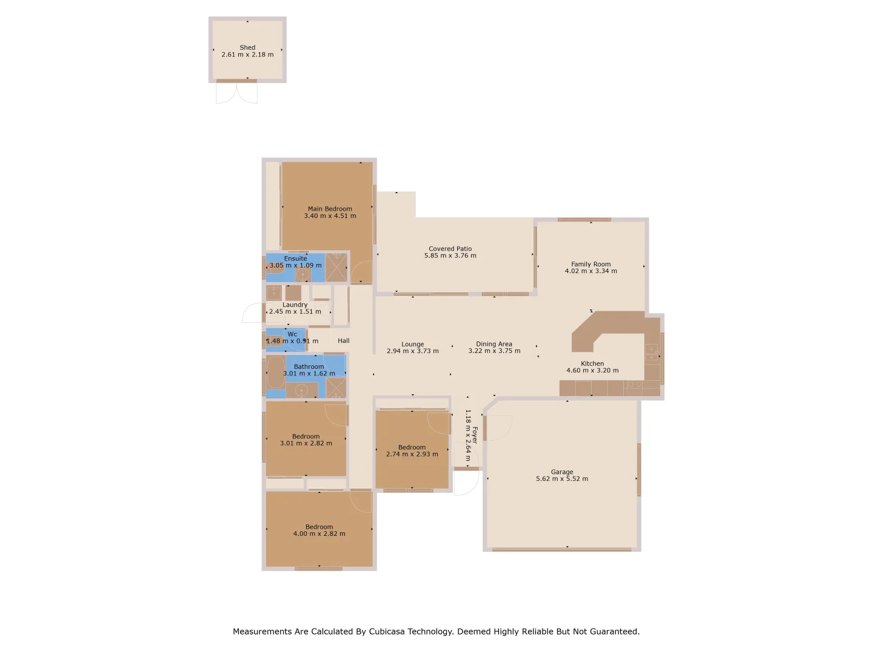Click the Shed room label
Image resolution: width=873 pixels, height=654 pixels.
247,47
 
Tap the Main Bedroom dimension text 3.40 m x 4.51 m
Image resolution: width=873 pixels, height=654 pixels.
330,216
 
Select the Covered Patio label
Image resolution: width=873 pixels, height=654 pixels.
450,249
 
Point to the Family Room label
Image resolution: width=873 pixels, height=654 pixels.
590,264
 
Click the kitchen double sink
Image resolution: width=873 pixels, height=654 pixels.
634,385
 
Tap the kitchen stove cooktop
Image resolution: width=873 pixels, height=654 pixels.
652,352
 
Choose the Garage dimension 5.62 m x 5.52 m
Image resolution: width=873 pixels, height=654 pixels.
561,479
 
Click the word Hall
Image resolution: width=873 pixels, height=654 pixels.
343,341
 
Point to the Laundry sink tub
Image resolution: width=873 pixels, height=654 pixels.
273,293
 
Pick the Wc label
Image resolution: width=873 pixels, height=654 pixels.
292,334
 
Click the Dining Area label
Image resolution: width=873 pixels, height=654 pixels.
493,344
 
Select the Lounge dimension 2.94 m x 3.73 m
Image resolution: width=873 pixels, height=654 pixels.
412,351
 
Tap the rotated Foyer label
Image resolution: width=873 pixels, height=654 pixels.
475,435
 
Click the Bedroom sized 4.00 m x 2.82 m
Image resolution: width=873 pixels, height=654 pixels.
319,530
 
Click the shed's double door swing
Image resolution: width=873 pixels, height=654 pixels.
236,93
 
